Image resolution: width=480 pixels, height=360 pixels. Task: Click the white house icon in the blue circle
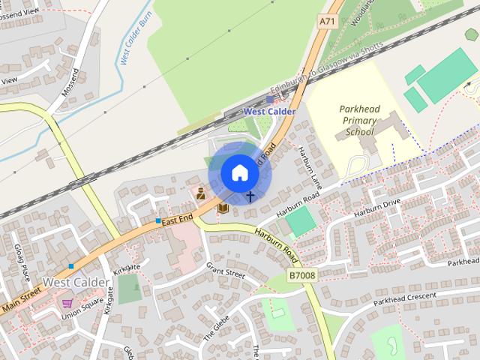239,172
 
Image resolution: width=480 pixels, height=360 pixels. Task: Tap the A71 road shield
327,22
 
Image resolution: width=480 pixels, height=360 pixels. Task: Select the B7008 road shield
303,276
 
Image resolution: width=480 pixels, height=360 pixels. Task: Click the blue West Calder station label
269,112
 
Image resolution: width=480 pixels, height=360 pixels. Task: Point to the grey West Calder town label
76,283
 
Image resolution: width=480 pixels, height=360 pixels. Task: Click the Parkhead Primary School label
359,120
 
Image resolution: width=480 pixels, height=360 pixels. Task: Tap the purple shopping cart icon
67,304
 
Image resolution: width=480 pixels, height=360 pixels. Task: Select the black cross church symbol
250,196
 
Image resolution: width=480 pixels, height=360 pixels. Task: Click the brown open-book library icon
223,207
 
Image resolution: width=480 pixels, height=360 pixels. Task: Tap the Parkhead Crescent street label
405,297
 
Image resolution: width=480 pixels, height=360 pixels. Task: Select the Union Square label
82,313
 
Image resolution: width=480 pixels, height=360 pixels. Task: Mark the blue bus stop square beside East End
158,221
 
